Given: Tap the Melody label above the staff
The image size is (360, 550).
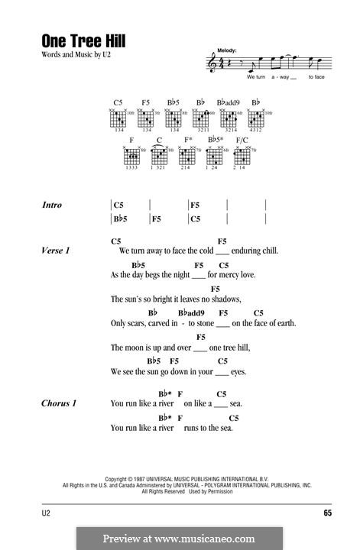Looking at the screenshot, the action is (228, 49).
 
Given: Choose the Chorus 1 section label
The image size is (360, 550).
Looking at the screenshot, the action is (60, 403).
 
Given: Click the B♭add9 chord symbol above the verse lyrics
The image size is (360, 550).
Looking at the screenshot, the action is (192, 313).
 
